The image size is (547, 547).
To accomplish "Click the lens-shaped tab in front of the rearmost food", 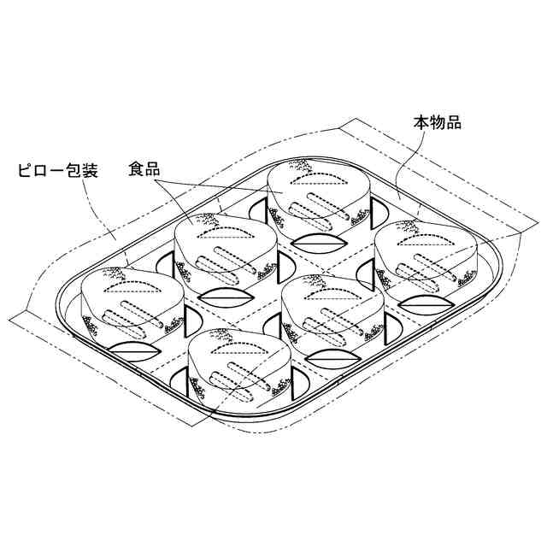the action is pyautogui.click(x=316, y=243).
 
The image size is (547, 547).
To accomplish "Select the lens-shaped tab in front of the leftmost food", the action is pyautogui.click(x=128, y=351).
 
